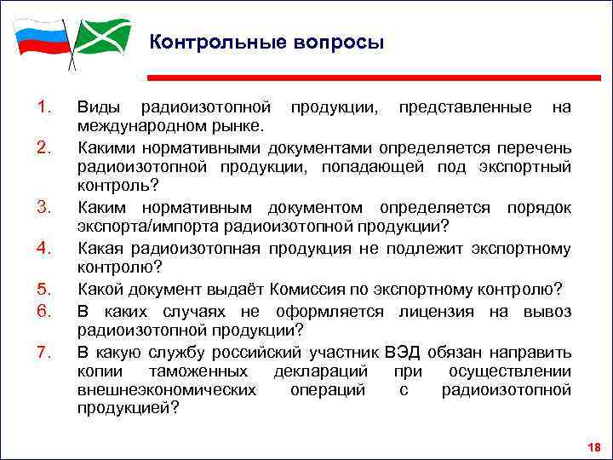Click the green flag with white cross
(x=103, y=36)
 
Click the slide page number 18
(x=594, y=447)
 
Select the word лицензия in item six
(x=446, y=311)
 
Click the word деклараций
(x=321, y=371)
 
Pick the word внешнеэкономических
(x=166, y=390)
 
